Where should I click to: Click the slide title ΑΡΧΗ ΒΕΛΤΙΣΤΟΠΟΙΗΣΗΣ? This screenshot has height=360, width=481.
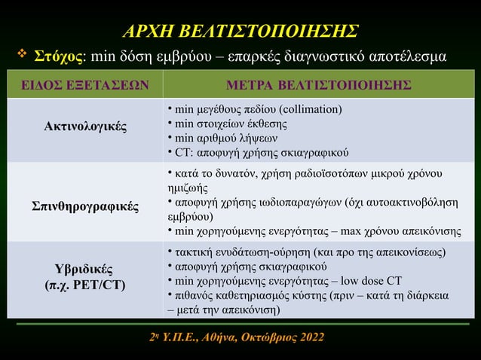[240, 31]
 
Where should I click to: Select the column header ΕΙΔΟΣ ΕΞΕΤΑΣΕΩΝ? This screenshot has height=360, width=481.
[84, 84]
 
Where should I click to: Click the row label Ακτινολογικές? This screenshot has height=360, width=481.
[84, 126]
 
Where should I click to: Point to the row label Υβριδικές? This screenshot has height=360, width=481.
[84, 270]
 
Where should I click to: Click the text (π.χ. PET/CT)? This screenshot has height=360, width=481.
[84, 286]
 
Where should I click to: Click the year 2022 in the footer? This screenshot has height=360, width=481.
[312, 336]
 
